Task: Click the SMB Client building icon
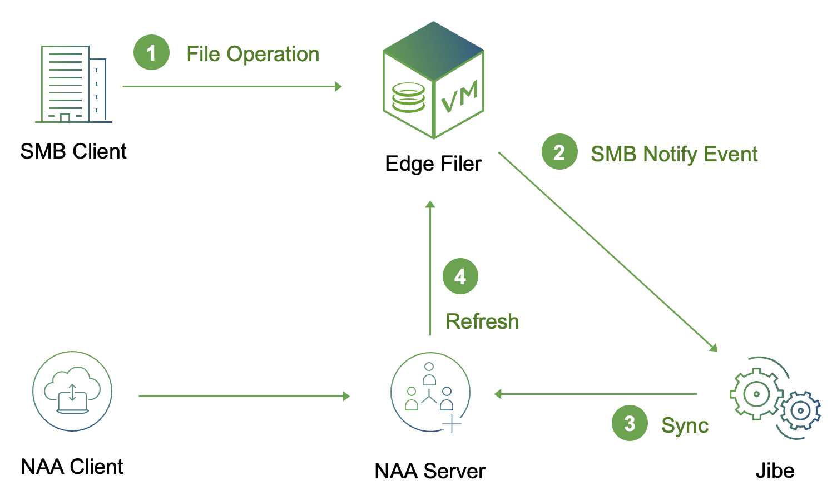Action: coord(73,84)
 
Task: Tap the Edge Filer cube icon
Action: coord(433,81)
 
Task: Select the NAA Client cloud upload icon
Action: coord(72,391)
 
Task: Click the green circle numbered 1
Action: coord(151,53)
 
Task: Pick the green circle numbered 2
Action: coord(559,152)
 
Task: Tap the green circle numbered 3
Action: coord(630,423)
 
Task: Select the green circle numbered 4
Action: coord(460,276)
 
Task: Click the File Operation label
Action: coord(252,54)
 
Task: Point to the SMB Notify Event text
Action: coord(673,154)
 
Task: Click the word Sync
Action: coord(685,425)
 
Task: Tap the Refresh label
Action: coord(482,321)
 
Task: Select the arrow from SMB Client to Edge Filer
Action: coord(231,86)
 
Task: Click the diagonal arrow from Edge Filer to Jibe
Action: coord(607,251)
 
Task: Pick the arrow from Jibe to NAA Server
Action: coord(596,394)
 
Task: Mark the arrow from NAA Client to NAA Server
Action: coord(244,396)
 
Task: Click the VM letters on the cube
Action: coord(459,96)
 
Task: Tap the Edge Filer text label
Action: coord(433,164)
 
